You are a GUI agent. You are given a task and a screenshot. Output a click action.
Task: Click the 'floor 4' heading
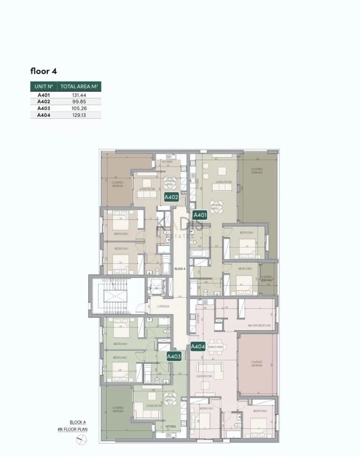tap(44, 72)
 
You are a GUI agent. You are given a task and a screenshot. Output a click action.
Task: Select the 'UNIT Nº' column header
tap(44, 87)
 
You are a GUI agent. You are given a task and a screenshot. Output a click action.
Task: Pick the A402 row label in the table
tap(44, 101)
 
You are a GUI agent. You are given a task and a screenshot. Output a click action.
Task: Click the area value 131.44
tap(79, 95)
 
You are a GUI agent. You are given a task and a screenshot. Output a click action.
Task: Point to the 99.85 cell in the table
tap(79, 101)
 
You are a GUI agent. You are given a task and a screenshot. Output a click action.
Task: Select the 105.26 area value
tap(79, 108)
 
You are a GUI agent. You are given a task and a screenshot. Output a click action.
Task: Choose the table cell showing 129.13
tap(79, 115)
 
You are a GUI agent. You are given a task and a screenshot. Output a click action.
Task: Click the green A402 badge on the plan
tap(171, 198)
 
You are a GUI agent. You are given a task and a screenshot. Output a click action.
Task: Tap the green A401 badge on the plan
tap(200, 215)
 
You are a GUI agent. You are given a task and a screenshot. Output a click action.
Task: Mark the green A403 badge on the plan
tap(174, 357)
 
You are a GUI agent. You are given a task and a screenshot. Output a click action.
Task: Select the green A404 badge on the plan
tap(198, 347)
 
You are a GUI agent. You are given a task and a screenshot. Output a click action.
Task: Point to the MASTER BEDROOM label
tap(259, 325)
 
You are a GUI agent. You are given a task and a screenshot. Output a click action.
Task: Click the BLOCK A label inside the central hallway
tap(180, 269)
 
